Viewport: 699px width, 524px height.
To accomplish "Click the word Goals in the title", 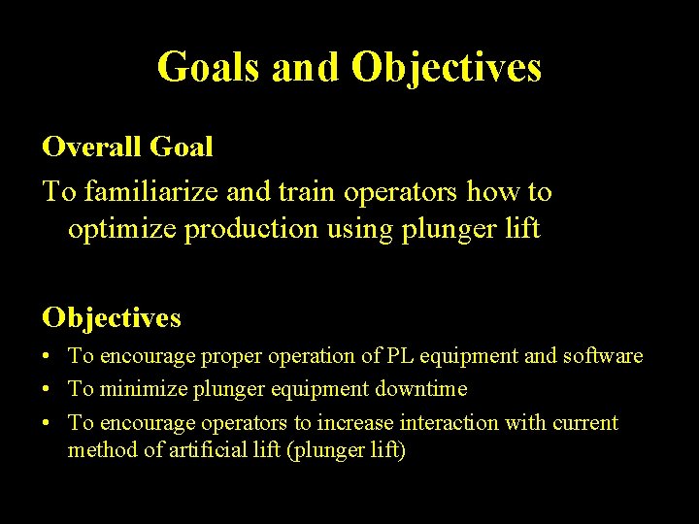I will (209, 68).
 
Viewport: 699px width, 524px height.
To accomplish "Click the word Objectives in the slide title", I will (447, 68).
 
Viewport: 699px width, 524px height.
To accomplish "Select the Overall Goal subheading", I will (127, 147).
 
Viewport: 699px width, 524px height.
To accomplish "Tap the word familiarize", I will (152, 192).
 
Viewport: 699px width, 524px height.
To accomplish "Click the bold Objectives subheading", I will (112, 317).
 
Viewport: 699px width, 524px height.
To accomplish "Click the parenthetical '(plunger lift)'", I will (345, 451).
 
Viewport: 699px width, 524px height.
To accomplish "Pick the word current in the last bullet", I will (585, 423).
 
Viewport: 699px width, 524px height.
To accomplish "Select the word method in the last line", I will (99, 451).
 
